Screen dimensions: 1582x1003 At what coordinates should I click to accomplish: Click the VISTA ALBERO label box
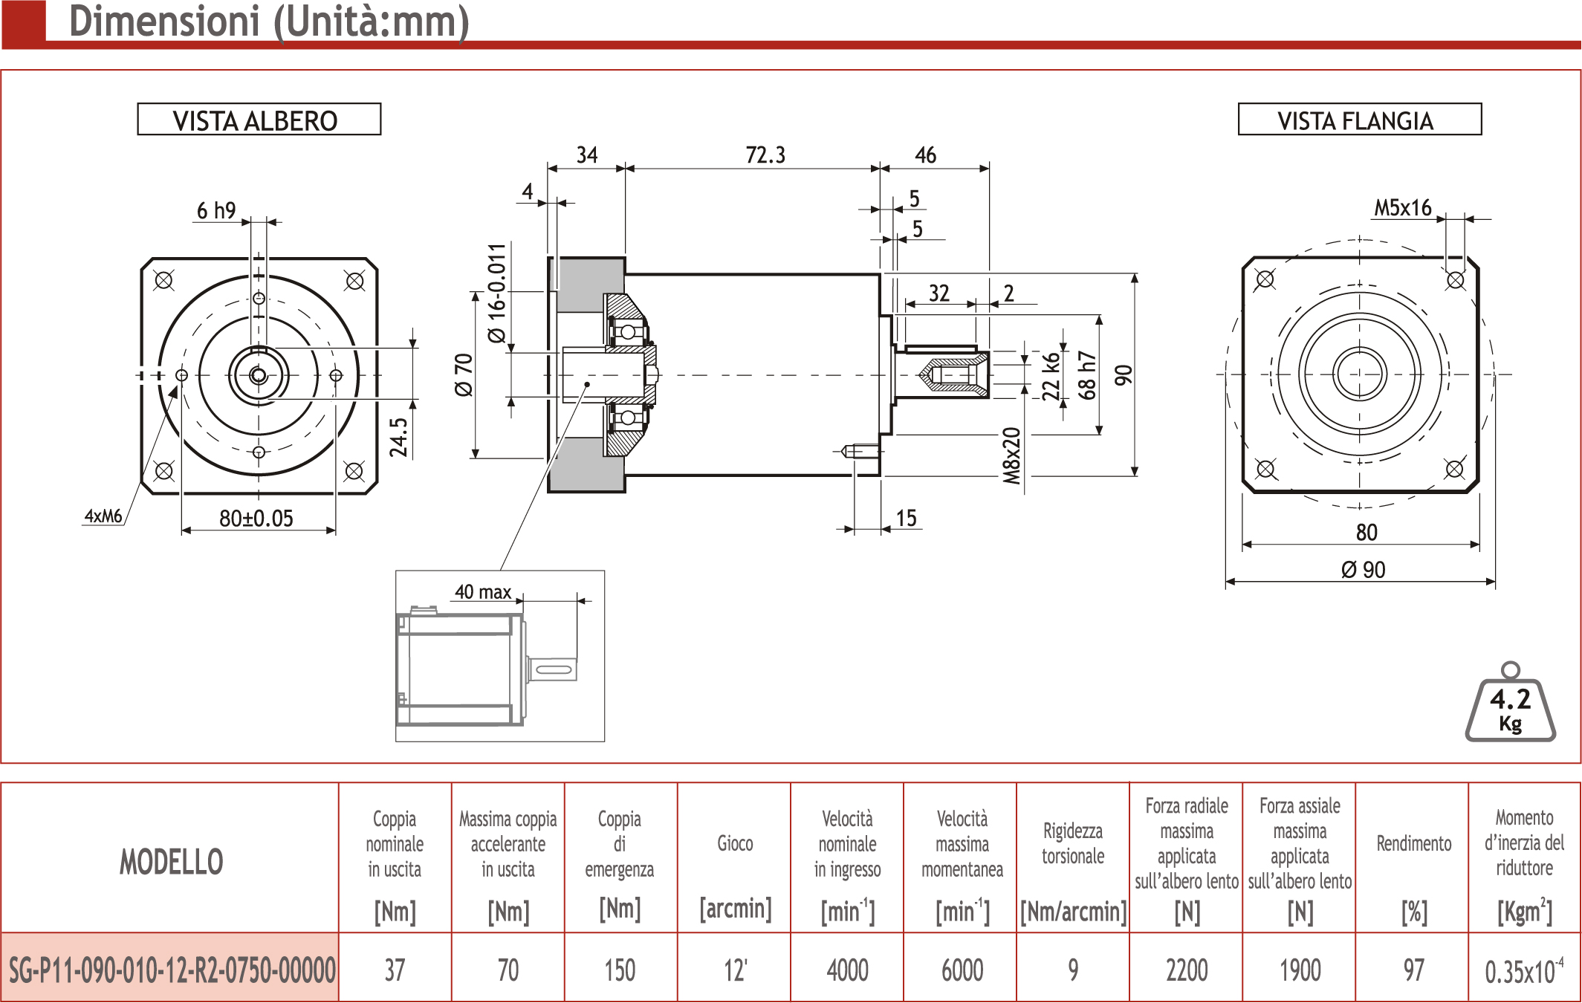coord(259,120)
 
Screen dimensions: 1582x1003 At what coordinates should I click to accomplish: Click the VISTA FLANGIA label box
coord(1359,120)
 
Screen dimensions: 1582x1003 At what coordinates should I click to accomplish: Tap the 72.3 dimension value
coord(765,155)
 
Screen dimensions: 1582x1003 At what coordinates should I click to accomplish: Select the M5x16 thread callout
coord(1402,208)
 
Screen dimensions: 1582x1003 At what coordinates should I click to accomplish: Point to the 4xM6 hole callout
coord(103,516)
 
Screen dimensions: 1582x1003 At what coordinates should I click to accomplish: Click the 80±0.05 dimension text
coord(256,518)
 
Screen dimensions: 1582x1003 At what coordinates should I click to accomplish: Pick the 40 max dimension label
coord(483,592)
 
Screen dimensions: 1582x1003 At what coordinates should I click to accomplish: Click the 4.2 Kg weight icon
coord(1511,702)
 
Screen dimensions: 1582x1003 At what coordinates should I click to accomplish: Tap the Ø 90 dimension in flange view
coord(1364,570)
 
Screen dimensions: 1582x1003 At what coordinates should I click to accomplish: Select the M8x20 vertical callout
coord(1011,456)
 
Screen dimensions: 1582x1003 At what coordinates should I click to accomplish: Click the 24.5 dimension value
coord(398,437)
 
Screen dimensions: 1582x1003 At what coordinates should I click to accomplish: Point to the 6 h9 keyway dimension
coord(216,211)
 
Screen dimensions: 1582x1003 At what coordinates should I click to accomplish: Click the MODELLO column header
coord(172,862)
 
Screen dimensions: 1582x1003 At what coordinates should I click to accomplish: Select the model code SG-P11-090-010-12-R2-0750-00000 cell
coord(172,970)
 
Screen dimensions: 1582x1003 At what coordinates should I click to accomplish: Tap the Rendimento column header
coord(1413,843)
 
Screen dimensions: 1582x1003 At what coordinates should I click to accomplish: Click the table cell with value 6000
coord(962,970)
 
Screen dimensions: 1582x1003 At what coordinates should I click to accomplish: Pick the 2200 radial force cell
coord(1187,970)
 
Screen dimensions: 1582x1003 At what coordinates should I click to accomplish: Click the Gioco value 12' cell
coord(735,970)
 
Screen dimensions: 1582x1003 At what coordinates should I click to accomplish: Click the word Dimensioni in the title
coord(164,21)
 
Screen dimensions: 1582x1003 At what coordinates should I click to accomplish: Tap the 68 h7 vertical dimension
coord(1086,375)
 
